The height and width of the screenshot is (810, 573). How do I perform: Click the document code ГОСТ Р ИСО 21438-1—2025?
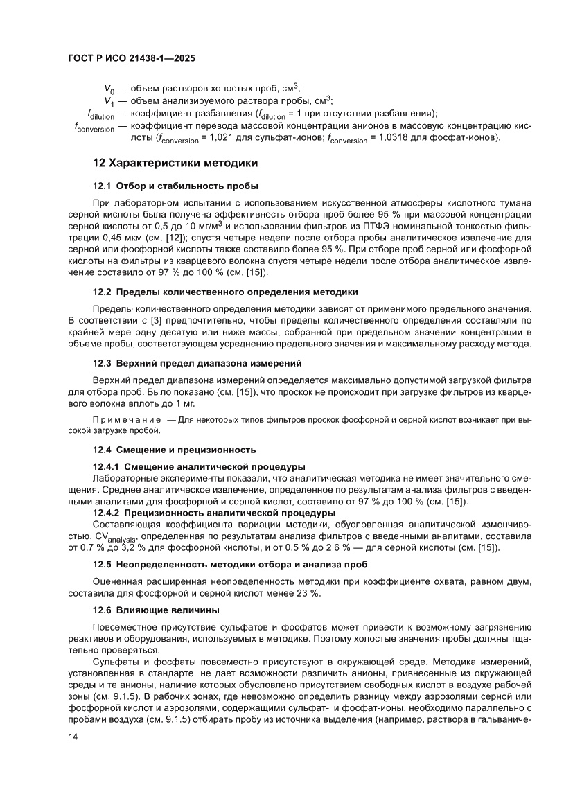click(x=132, y=59)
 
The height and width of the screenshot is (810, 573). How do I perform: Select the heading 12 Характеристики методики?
click(x=175, y=164)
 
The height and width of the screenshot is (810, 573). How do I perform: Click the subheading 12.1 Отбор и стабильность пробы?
click(x=176, y=186)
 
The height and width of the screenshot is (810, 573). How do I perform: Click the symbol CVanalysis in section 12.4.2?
click(x=113, y=537)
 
